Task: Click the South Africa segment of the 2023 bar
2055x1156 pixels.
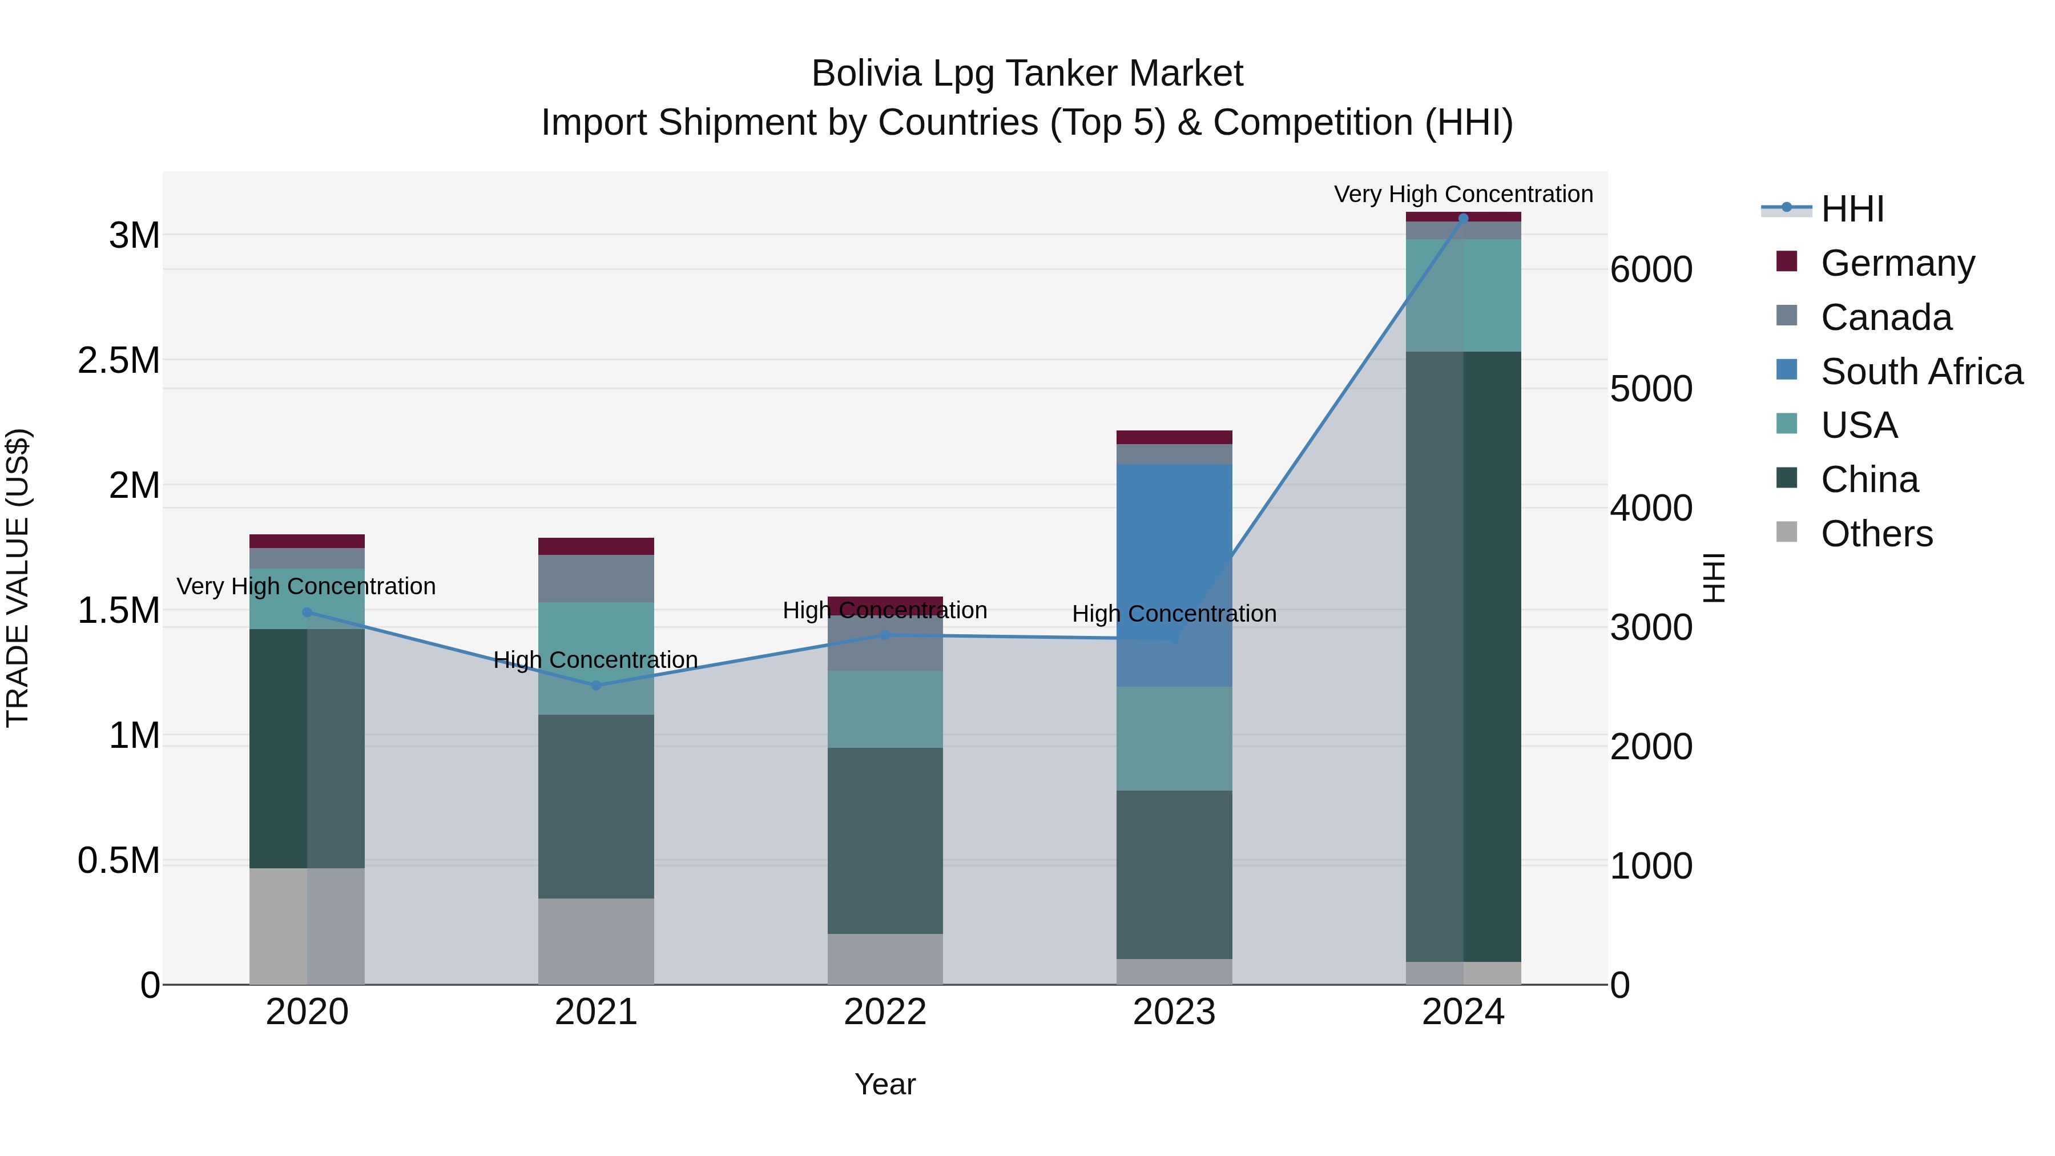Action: pos(1174,574)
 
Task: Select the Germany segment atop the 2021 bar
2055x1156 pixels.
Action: pos(596,546)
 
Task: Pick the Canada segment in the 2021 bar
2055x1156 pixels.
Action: pos(596,578)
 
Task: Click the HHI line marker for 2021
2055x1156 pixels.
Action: pos(596,685)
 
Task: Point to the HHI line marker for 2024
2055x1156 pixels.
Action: pos(1463,218)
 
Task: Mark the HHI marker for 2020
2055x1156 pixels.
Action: pos(307,613)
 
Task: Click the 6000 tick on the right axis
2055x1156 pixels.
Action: pos(1650,269)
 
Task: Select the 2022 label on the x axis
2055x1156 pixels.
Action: pos(885,1012)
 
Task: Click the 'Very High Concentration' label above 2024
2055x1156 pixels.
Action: pos(1463,194)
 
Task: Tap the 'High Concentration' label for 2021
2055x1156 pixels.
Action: pos(596,660)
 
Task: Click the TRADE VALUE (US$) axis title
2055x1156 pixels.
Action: pos(18,578)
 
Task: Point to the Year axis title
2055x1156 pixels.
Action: pos(885,1084)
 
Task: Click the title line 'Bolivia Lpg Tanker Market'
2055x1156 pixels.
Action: pos(1027,74)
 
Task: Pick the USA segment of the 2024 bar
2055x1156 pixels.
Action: pos(1463,295)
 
